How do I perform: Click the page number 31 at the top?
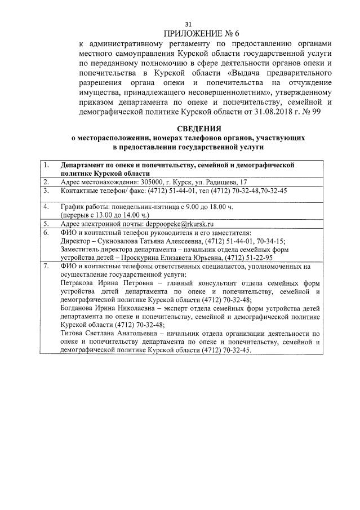189,24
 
